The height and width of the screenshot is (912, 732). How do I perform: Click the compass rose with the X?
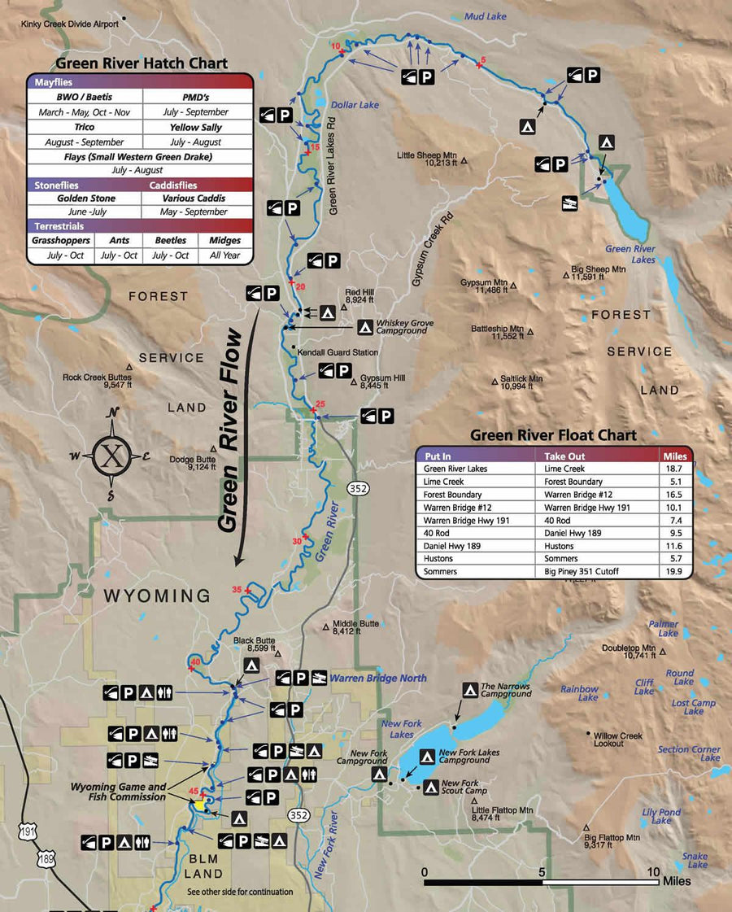pyautogui.click(x=111, y=456)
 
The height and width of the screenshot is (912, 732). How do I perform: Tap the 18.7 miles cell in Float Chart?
pyautogui.click(x=676, y=469)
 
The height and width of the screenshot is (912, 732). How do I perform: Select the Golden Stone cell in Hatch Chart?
pyautogui.click(x=85, y=199)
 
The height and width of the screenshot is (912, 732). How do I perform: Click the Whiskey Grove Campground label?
pyautogui.click(x=404, y=327)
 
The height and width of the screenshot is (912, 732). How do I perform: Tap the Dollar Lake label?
pyautogui.click(x=355, y=105)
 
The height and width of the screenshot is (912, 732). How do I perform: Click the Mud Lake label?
pyautogui.click(x=485, y=16)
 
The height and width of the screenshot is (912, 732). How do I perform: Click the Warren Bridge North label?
pyautogui.click(x=378, y=678)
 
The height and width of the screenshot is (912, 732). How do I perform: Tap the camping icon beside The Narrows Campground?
pyautogui.click(x=470, y=690)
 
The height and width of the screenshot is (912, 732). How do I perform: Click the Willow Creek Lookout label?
pyautogui.click(x=618, y=740)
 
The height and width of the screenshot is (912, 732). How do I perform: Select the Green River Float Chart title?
pyautogui.click(x=553, y=435)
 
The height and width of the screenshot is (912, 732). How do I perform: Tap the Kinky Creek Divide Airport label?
pyautogui.click(x=70, y=24)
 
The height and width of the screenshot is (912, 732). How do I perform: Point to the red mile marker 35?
pyautogui.click(x=237, y=589)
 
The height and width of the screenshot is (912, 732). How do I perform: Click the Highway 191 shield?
pyautogui.click(x=28, y=830)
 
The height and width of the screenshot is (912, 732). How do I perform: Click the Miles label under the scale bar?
pyautogui.click(x=677, y=881)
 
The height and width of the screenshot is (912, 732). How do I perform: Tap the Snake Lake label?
pyautogui.click(x=695, y=860)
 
